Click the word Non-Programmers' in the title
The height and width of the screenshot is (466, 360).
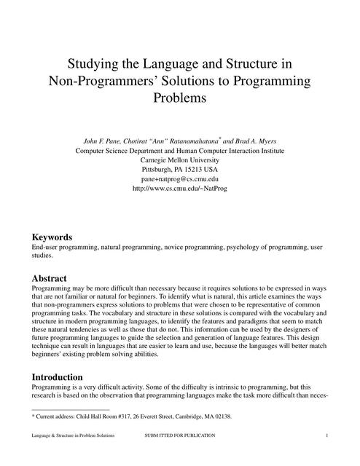click(98, 79)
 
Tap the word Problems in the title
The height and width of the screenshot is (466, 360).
click(180, 96)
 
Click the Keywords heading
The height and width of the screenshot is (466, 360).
click(52, 237)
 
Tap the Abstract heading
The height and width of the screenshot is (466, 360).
click(50, 278)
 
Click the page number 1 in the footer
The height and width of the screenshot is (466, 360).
click(328, 435)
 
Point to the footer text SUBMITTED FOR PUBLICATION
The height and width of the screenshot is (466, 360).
click(180, 435)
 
